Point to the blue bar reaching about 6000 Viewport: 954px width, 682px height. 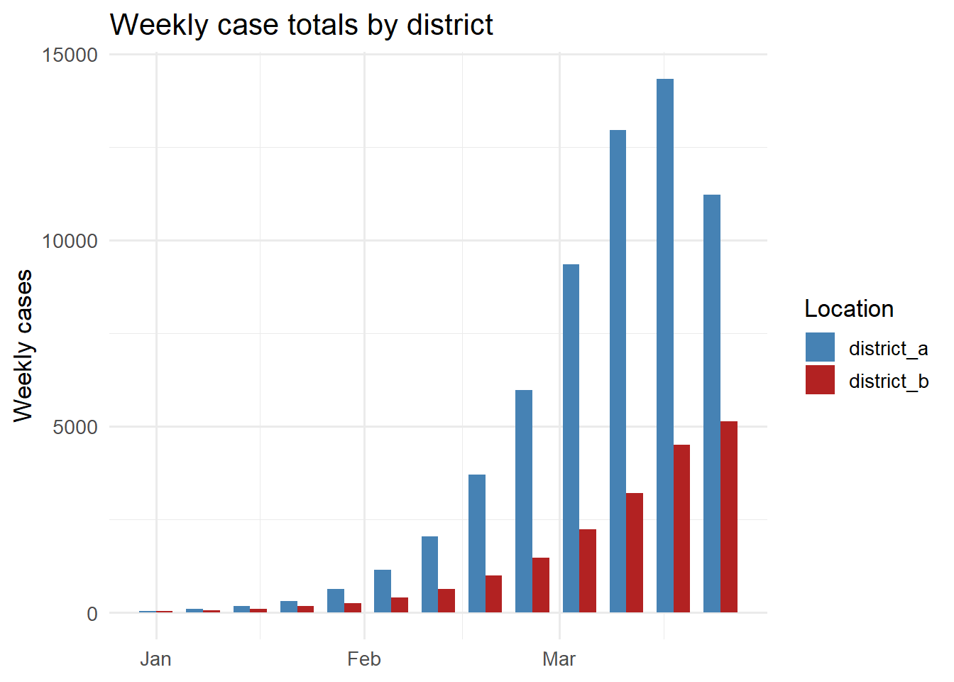524,501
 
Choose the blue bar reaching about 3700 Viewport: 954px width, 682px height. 477,543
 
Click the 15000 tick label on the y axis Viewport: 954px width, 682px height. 70,55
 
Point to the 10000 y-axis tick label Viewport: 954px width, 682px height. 70,242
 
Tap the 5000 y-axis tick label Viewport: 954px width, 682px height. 75,428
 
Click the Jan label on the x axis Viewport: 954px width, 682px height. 155,659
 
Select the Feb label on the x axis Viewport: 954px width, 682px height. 364,659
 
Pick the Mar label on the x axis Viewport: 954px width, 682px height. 559,659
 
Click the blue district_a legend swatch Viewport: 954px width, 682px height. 820,347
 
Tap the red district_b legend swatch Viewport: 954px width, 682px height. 820,380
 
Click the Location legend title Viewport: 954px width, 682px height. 849,309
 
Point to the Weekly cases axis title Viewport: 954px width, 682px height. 23,345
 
